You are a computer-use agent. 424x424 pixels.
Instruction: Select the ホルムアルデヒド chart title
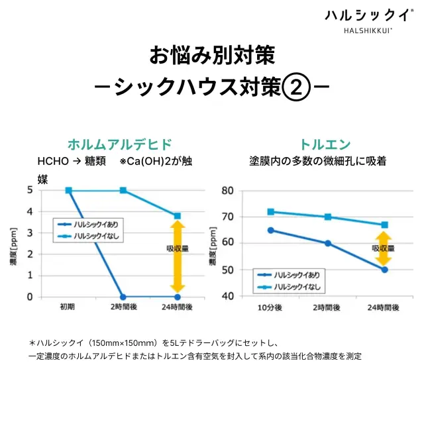point(120,144)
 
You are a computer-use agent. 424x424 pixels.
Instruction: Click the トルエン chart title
point(325,144)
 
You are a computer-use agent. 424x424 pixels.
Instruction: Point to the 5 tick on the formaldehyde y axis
point(30,190)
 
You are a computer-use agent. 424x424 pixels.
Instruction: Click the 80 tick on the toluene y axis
point(227,191)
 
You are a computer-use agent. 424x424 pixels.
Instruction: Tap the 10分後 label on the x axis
point(270,307)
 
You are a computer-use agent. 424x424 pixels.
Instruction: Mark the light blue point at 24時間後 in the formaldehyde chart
point(178,216)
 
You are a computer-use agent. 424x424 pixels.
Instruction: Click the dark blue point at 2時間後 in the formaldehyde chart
point(123,297)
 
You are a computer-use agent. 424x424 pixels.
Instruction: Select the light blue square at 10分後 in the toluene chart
point(270,212)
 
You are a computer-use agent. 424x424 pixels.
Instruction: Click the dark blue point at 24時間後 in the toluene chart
point(384,270)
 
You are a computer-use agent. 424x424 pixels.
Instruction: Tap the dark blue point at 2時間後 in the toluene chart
point(327,243)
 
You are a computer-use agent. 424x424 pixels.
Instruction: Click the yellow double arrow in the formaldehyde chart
point(178,256)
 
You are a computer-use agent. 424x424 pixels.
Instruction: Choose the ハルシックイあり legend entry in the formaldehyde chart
point(93,225)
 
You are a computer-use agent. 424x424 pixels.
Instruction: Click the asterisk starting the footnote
point(31,343)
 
